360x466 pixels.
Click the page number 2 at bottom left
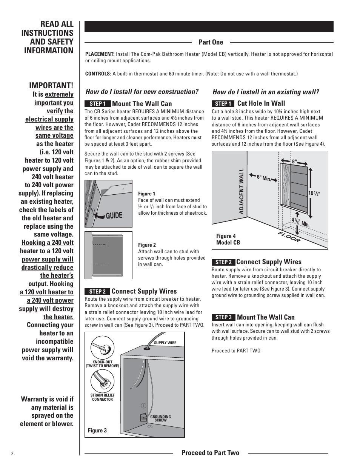12,454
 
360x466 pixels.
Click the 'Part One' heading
211,42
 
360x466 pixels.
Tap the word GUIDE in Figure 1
114,215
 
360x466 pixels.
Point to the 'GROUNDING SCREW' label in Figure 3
160,418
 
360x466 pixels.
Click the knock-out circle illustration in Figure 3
102,348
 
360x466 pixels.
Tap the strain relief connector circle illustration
102,381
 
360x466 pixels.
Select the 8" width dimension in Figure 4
294,161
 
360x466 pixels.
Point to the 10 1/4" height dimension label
314,194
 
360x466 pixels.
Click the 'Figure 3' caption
97,431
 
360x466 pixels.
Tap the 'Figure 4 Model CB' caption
228,239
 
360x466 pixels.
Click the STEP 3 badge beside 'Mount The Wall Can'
223,317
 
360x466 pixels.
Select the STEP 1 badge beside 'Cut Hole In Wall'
223,103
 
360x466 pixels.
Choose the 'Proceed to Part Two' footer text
210,452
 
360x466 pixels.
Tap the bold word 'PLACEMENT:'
100,54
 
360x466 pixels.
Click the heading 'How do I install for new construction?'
142,92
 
